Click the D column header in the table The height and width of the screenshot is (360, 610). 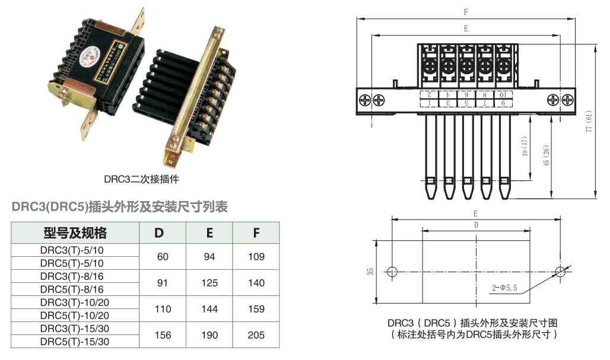click(158, 232)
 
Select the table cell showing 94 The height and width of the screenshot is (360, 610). click(209, 256)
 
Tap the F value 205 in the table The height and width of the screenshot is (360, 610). click(256, 335)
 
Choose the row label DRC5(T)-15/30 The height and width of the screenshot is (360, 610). click(75, 342)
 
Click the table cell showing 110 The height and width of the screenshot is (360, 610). click(163, 309)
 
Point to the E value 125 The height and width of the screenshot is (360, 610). click(209, 283)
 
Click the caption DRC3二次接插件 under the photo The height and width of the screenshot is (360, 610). click(142, 178)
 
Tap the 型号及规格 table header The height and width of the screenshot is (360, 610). click(75, 232)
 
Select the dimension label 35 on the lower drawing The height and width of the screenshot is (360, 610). click(370, 272)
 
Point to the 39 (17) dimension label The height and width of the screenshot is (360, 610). click(524, 148)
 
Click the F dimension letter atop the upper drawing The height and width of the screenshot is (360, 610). click(465, 12)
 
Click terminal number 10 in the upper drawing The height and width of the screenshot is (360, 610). click(503, 94)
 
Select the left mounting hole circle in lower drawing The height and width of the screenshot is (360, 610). click(392, 272)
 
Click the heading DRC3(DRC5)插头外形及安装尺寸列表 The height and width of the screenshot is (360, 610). click(120, 207)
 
